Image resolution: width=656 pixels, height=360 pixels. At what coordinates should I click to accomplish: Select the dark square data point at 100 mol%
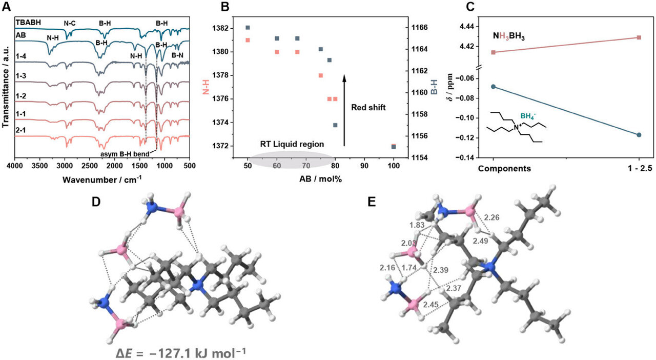[x=394, y=147]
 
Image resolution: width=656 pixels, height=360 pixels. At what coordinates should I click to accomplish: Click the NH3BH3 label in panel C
[x=512, y=37]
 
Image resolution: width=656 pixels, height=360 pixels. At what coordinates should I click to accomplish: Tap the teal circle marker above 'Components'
[x=493, y=87]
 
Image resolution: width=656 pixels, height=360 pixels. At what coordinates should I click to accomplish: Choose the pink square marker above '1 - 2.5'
[x=639, y=37]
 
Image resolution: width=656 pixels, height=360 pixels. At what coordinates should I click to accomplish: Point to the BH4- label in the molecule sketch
[x=529, y=116]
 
